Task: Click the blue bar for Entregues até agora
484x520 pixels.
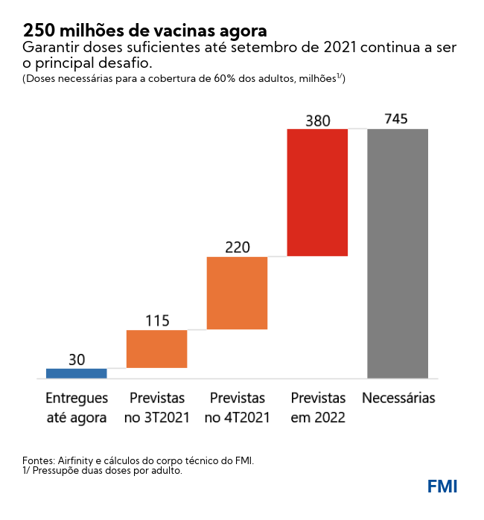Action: click(x=76, y=373)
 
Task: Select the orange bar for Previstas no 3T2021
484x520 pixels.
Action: click(x=156, y=349)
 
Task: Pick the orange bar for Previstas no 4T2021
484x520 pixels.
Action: click(x=237, y=293)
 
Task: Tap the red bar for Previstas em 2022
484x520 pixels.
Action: click(x=317, y=192)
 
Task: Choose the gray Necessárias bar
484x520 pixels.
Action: click(x=398, y=253)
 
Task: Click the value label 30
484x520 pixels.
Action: click(x=76, y=359)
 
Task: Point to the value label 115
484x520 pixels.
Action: click(x=156, y=321)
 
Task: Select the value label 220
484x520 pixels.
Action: click(x=237, y=247)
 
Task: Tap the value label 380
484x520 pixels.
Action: click(x=317, y=120)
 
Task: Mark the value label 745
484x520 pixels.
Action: click(x=397, y=119)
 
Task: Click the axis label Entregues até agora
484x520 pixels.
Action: click(x=76, y=408)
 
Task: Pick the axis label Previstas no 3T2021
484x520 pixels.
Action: click(x=156, y=408)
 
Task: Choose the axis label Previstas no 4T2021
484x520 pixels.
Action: click(x=237, y=408)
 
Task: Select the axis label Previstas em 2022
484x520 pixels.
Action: click(x=318, y=408)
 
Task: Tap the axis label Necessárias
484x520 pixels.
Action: click(x=398, y=399)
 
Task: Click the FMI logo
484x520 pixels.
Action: click(x=442, y=486)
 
